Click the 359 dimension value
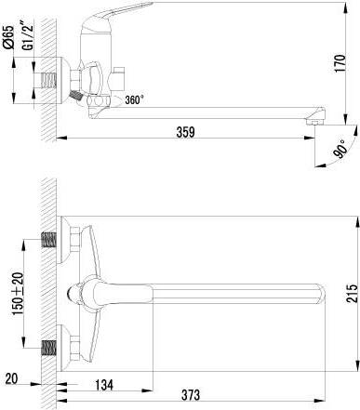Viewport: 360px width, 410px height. [x=185, y=132]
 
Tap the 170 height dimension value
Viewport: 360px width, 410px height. [x=340, y=63]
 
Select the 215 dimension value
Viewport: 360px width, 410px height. [x=353, y=293]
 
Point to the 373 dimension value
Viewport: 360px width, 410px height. [x=191, y=395]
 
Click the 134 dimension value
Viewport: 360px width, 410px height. [x=104, y=385]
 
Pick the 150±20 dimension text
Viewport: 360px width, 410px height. [x=18, y=294]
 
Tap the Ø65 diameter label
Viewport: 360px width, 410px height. [x=8, y=36]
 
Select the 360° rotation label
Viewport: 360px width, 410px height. [x=135, y=99]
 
